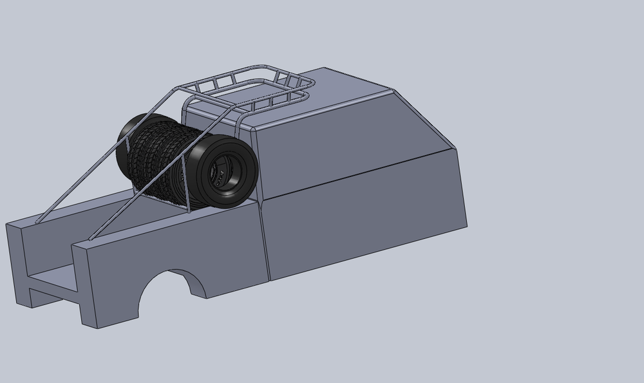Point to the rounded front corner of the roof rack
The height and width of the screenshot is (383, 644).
[310, 84]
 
